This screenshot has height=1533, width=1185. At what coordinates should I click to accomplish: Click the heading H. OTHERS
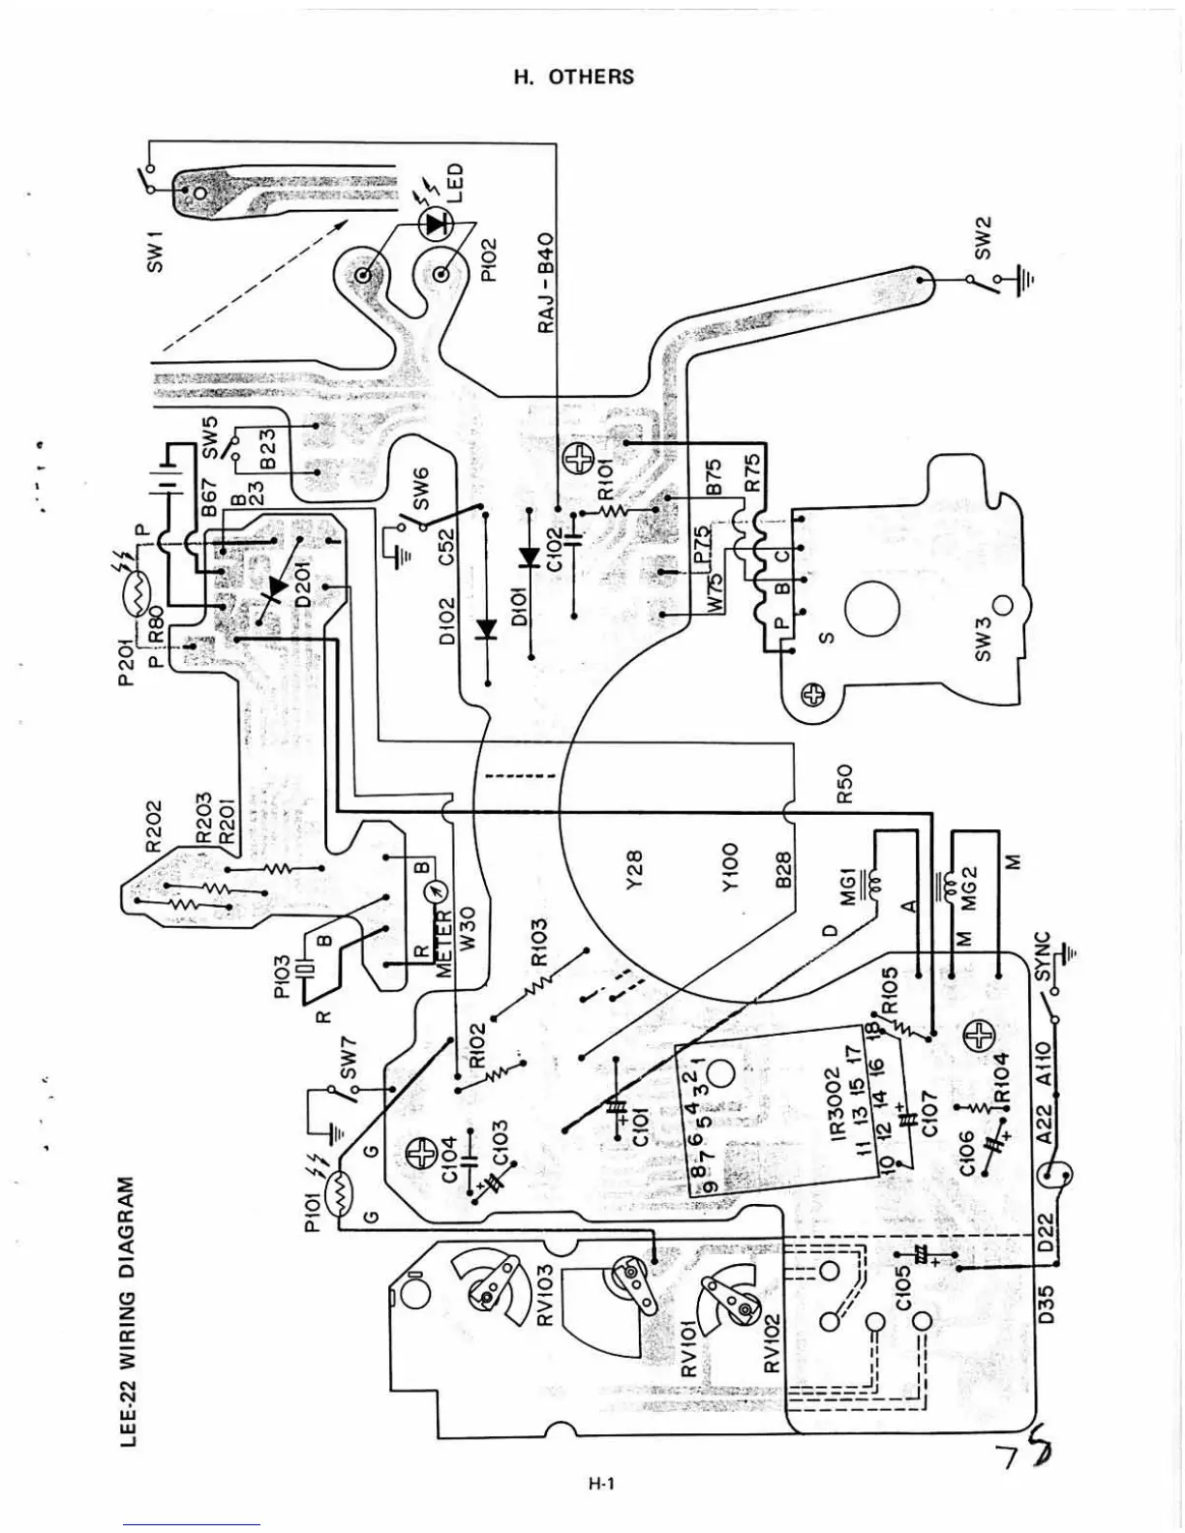point(573,77)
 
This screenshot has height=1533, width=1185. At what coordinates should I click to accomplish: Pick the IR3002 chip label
point(839,1103)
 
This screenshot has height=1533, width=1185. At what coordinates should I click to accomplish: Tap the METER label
point(447,945)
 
